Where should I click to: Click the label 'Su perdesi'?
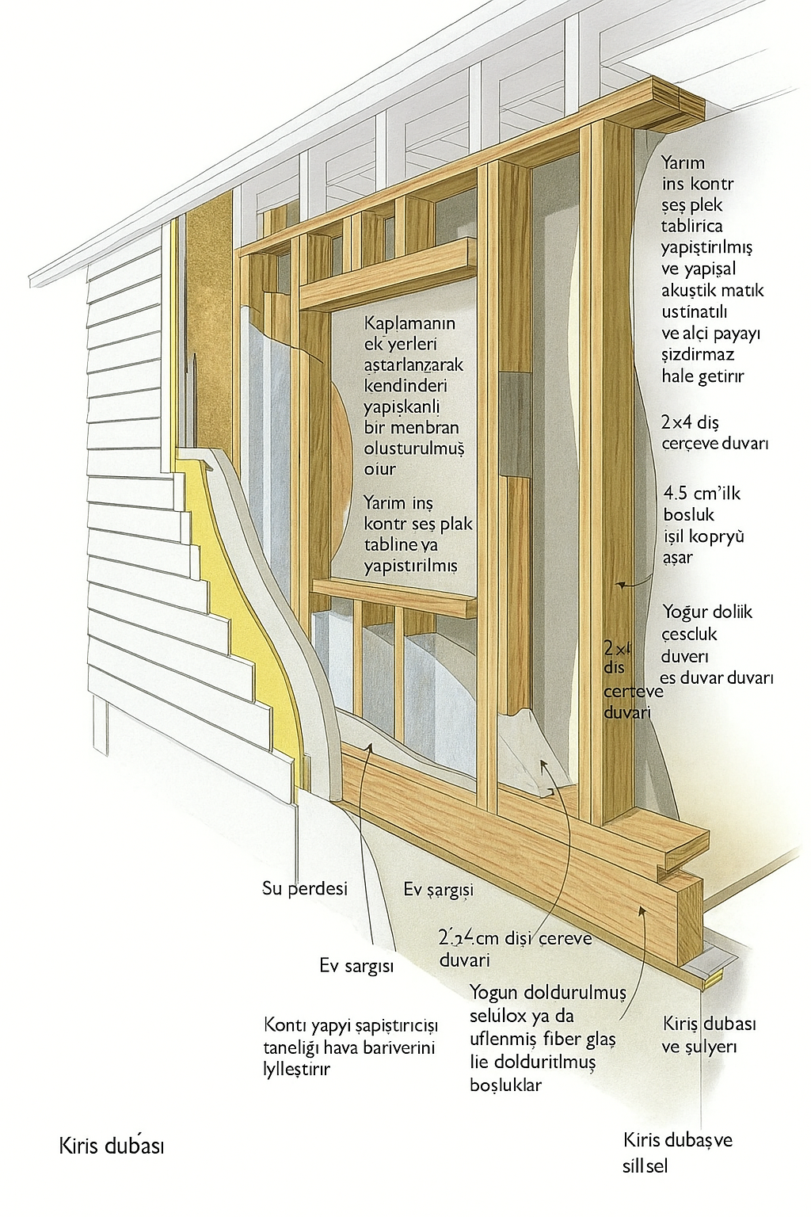(305, 888)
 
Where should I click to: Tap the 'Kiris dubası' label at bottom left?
(112, 1146)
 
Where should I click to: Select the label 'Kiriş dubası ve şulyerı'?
(709, 1035)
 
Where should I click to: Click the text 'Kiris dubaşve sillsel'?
(677, 1152)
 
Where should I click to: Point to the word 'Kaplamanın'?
(409, 323)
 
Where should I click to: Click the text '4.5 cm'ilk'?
(702, 493)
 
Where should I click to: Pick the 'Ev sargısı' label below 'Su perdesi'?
(356, 966)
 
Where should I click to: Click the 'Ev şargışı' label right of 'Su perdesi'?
(438, 889)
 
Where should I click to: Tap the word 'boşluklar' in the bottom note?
(505, 1085)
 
